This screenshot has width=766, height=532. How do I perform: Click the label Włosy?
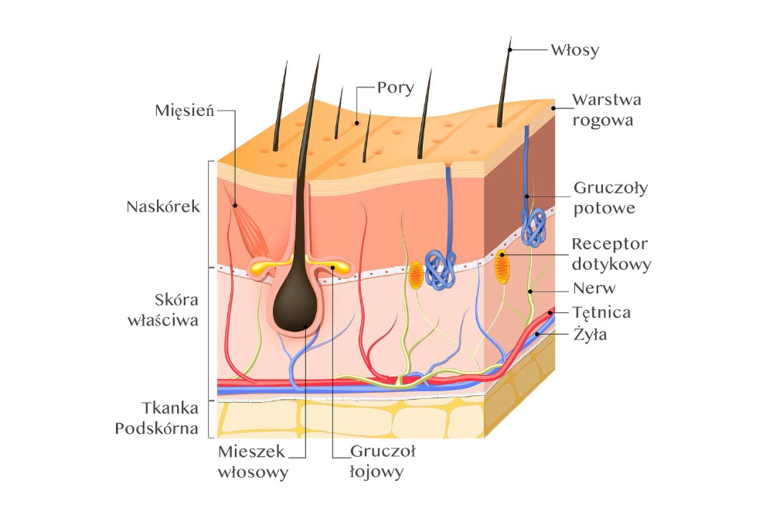(x=574, y=50)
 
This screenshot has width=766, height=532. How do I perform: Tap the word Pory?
(x=396, y=87)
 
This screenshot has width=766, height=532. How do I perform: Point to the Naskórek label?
(x=163, y=207)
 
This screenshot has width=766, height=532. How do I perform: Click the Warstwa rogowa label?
(x=607, y=110)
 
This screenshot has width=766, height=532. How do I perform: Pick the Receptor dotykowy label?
(x=611, y=254)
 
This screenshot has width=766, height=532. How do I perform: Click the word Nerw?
(x=594, y=288)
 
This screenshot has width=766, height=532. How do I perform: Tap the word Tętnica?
(x=602, y=312)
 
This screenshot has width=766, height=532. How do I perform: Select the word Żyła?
(x=591, y=335)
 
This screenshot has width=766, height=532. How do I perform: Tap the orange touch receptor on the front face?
(x=416, y=275)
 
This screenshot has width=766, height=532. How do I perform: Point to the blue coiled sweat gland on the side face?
(x=533, y=227)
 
